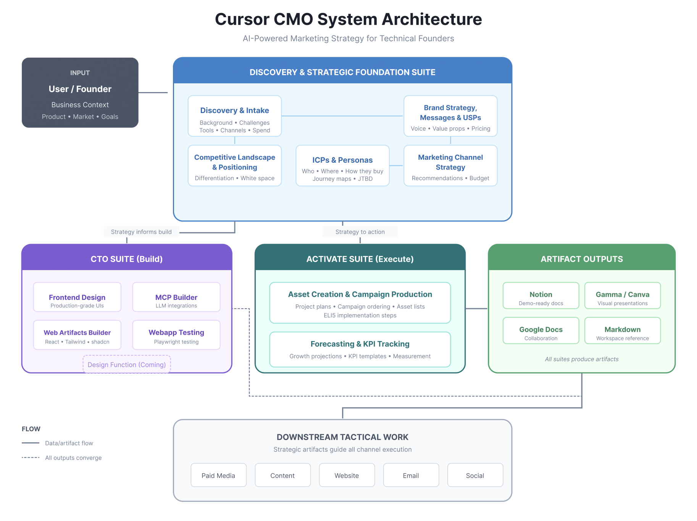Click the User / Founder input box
80,92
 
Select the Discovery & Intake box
234,116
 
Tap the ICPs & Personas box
342,166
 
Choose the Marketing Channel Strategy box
450,166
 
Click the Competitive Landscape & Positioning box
234,166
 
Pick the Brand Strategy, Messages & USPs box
450,116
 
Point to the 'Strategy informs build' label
141,232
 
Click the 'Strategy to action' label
360,232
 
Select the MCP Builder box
176,297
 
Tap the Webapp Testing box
176,335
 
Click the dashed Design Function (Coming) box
127,365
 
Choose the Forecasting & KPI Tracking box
360,349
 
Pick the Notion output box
541,296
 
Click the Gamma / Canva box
623,296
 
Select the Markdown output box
623,331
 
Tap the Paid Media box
218,476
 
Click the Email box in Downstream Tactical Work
411,476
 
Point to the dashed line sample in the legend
31,458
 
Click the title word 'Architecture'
432,19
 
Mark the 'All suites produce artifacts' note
582,359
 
